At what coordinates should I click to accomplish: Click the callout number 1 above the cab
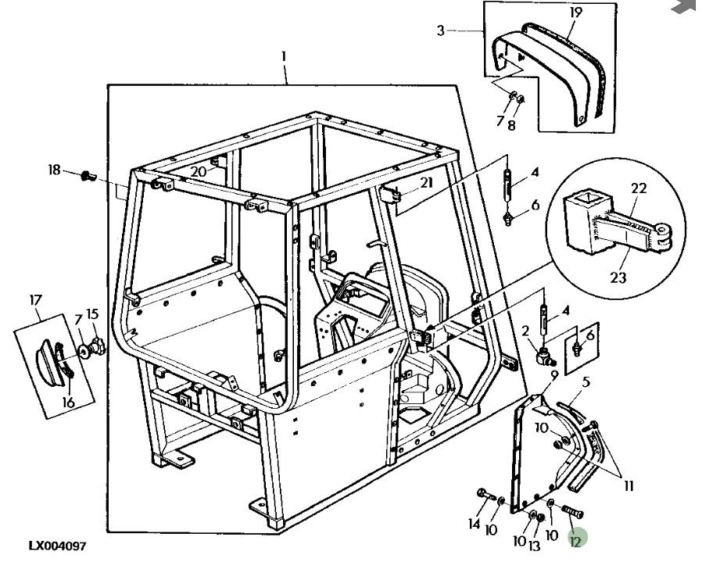pos(284,56)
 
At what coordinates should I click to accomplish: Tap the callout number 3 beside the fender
pos(441,30)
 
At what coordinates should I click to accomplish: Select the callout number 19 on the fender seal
pos(575,13)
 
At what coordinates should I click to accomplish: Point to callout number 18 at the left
pos(55,170)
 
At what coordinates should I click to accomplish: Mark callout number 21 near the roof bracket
pos(425,183)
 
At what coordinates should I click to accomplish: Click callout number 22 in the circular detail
pos(639,188)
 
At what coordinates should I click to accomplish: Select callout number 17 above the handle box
pos(36,299)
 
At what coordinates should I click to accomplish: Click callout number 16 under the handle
pos(67,403)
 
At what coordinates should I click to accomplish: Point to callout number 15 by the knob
pos(93,314)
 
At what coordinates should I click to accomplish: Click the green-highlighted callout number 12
pos(576,539)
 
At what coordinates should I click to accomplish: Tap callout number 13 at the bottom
pos(534,546)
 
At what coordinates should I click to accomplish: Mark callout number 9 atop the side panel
pos(553,375)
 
